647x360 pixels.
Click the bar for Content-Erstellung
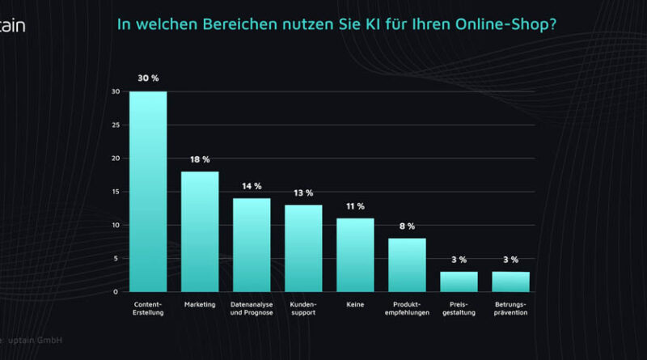(148, 191)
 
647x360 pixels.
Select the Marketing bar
(200, 231)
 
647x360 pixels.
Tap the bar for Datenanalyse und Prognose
(252, 244)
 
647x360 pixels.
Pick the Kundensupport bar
(303, 248)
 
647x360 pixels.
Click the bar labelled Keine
(355, 255)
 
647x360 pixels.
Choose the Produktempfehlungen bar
(407, 265)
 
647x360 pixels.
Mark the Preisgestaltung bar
(459, 282)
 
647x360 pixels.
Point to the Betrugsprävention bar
(510, 282)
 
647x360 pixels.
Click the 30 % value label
(148, 78)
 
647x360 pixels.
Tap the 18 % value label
(200, 159)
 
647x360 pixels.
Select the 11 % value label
(355, 206)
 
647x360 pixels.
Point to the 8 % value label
(407, 227)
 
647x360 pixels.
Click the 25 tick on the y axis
(116, 125)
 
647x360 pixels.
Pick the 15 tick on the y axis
(116, 192)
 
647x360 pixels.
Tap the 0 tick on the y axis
(116, 292)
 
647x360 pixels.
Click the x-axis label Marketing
(200, 304)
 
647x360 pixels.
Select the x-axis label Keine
(355, 304)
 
